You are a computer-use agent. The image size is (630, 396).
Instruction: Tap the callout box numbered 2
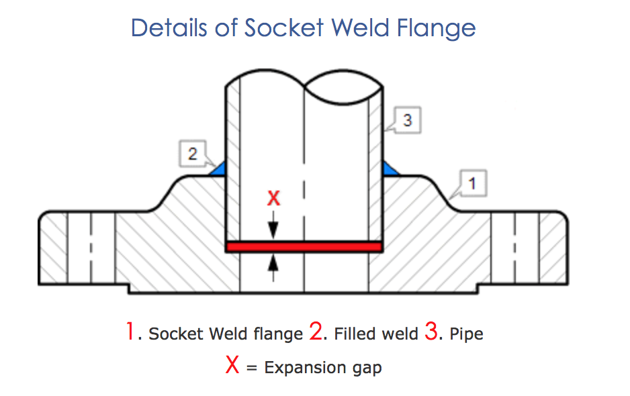(193, 155)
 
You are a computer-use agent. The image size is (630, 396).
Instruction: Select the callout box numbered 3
(407, 121)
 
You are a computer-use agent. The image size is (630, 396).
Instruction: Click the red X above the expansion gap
(273, 198)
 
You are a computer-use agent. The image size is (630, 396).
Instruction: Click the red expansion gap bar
(304, 247)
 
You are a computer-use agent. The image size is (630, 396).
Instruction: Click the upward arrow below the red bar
(273, 266)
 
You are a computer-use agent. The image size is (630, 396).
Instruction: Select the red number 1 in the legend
(130, 332)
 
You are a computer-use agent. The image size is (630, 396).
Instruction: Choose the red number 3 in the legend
(431, 332)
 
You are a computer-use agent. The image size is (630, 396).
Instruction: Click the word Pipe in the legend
(466, 334)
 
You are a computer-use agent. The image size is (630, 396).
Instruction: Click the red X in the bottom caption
(232, 366)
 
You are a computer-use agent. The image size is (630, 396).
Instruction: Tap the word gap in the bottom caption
(367, 368)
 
